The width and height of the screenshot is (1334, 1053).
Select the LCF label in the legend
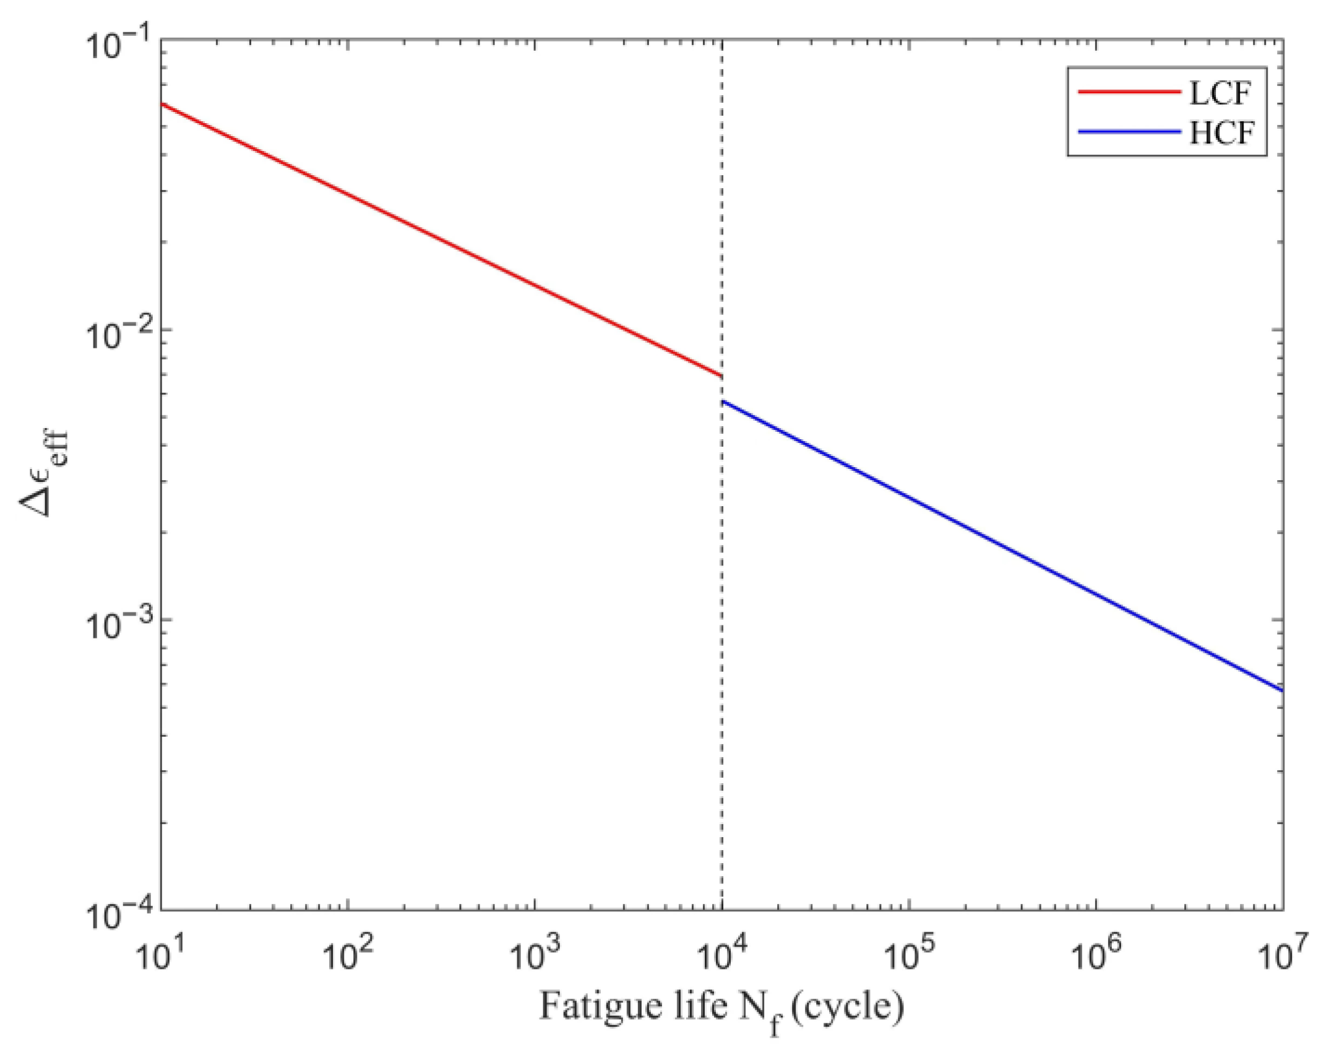(1219, 92)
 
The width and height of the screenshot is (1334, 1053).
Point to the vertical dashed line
(722, 681)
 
